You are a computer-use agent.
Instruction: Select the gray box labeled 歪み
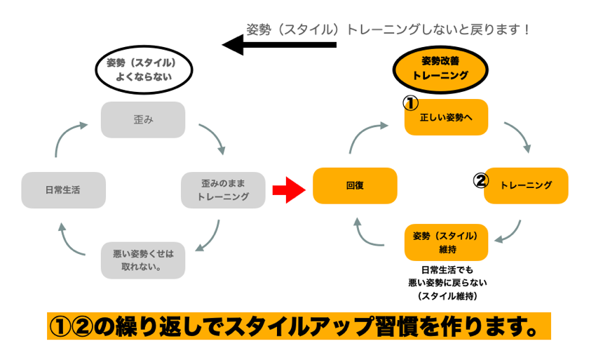coord(143,119)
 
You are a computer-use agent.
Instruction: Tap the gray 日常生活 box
coord(63,189)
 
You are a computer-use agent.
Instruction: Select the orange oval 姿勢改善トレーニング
coord(440,68)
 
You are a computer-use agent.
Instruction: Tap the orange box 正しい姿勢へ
coord(446,117)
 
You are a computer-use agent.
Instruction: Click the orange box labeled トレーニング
coord(526,185)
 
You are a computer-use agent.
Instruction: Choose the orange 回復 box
coord(355,186)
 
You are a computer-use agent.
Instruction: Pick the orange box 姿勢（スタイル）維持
coord(446,242)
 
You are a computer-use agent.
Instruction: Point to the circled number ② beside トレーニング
coord(480,181)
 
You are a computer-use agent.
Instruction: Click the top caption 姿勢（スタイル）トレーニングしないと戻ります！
coord(388,29)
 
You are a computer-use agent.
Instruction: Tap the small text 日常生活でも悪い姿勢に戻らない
coord(447,276)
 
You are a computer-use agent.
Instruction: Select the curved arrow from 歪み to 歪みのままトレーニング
coord(212,138)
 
